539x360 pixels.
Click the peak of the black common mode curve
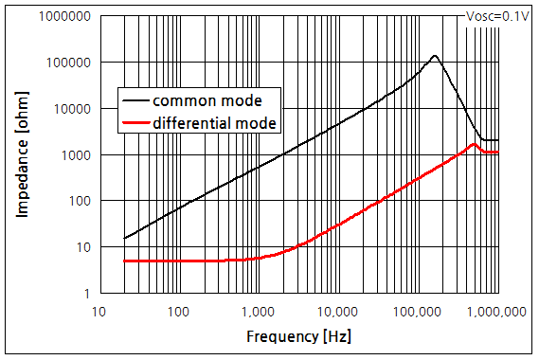pyautogui.click(x=435, y=56)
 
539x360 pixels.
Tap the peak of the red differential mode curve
pyautogui.click(x=473, y=144)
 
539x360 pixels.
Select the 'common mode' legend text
pyautogui.click(x=207, y=100)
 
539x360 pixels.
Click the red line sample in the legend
pyautogui.click(x=135, y=122)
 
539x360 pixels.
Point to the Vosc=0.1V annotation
pyautogui.click(x=495, y=15)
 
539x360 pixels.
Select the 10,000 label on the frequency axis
pyautogui.click(x=334, y=312)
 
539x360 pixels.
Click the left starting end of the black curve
pyautogui.click(x=124, y=238)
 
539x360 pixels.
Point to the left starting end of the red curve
pyautogui.click(x=124, y=261)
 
